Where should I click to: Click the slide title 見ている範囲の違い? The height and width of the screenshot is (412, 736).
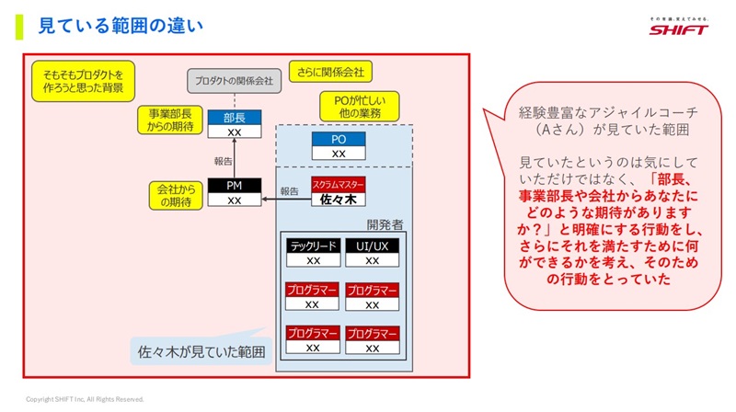[x=120, y=26]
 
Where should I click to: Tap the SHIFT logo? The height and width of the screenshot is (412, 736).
[x=678, y=27]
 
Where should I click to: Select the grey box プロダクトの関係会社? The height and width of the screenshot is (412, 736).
[x=234, y=81]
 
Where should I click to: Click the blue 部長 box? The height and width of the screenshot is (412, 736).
[x=234, y=118]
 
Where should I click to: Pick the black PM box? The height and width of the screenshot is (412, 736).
[x=234, y=185]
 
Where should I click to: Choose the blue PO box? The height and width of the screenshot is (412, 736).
[x=339, y=139]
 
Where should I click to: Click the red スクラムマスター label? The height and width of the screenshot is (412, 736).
[x=339, y=184]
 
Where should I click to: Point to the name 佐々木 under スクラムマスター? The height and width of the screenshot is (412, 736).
[x=339, y=199]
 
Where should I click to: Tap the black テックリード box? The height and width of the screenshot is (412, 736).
[x=312, y=246]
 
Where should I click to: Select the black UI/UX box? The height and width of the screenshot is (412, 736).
[x=373, y=246]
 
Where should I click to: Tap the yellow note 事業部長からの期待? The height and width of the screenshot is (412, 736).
[x=171, y=120]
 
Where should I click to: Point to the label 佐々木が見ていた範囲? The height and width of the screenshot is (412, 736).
[x=201, y=351]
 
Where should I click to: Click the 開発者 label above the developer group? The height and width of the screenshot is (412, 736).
[x=386, y=223]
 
